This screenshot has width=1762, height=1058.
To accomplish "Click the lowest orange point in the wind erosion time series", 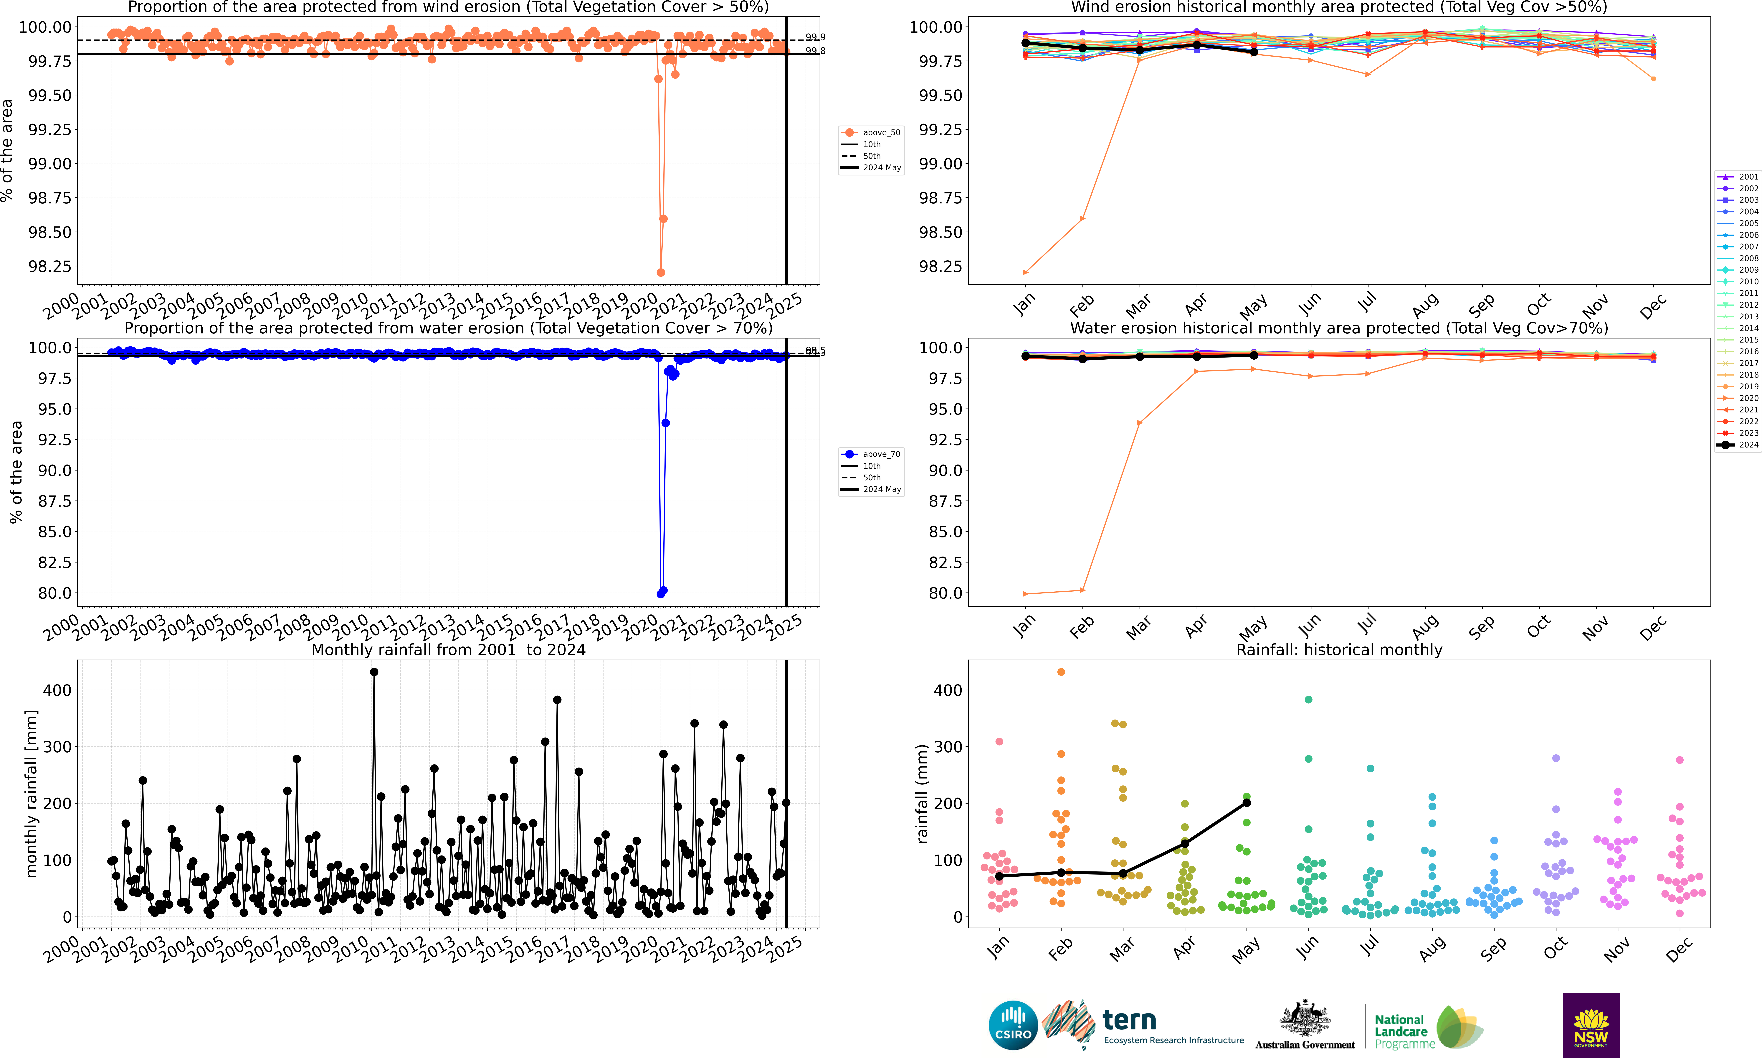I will pos(660,272).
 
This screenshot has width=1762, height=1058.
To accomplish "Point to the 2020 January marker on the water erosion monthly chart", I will pos(1025,594).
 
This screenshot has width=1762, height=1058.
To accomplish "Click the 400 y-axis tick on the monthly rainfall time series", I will pos(57,690).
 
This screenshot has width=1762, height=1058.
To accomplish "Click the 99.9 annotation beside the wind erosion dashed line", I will pos(815,37).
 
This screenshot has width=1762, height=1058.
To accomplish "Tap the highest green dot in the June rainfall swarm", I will pos(1308,699).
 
